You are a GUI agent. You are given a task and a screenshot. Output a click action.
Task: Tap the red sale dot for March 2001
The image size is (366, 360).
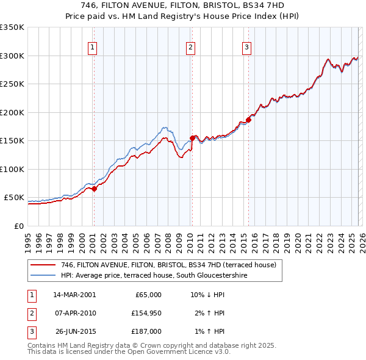[95, 189]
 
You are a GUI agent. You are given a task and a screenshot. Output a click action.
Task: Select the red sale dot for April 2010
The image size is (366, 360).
[192, 138]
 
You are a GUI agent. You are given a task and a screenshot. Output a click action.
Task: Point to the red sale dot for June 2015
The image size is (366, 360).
[249, 120]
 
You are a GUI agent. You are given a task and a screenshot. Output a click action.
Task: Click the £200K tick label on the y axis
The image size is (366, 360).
[12, 112]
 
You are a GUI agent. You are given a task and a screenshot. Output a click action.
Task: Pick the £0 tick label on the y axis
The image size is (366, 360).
[19, 226]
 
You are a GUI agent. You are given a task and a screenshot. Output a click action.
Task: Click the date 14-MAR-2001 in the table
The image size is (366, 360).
[74, 295]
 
